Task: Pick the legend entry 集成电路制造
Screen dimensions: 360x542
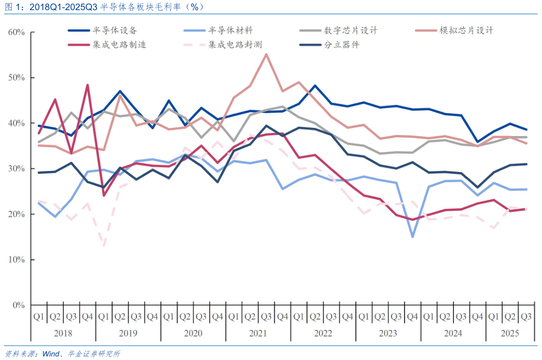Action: click(119, 44)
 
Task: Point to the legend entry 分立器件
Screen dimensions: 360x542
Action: click(344, 44)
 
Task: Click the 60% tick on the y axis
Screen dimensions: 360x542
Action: click(17, 32)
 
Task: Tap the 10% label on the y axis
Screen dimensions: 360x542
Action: click(17, 260)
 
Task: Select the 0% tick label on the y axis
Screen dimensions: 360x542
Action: click(19, 305)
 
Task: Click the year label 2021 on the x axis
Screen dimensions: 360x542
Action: click(258, 333)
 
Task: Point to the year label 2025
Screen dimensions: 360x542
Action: click(510, 333)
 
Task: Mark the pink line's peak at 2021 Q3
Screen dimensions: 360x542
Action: click(266, 54)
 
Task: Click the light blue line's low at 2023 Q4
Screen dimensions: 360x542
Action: click(413, 237)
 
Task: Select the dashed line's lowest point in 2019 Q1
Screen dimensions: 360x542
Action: click(104, 246)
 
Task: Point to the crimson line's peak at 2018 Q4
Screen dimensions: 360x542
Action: click(87, 85)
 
